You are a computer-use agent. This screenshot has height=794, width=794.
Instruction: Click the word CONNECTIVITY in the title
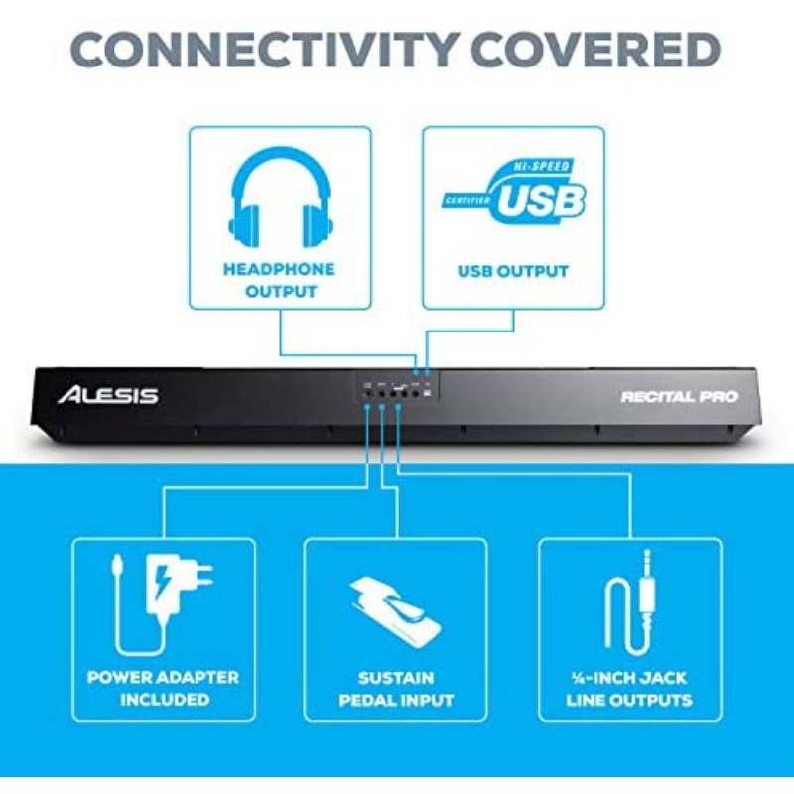[x=261, y=50]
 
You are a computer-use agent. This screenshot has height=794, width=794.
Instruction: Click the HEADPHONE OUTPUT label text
[x=279, y=280]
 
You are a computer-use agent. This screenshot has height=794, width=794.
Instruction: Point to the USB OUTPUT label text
[x=513, y=270]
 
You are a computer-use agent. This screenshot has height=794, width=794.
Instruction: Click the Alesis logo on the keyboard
[x=107, y=395]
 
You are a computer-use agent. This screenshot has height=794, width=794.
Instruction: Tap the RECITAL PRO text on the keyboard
[x=680, y=396]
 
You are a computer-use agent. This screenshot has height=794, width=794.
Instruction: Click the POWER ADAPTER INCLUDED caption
[x=163, y=689]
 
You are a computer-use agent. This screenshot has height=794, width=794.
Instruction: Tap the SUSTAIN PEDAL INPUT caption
[x=396, y=689]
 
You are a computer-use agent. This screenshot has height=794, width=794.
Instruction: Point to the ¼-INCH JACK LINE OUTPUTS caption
[x=629, y=689]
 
